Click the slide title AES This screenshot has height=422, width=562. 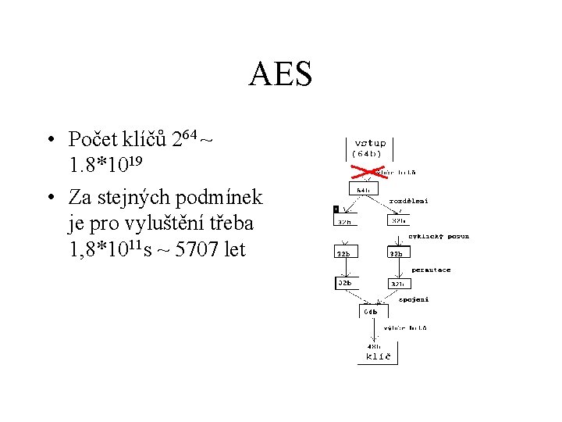pos(280,75)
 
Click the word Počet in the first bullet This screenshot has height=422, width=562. pos(93,140)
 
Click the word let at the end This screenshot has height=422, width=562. pos(232,250)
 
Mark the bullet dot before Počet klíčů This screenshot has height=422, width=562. pos(49,141)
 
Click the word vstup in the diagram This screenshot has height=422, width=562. pos(370,143)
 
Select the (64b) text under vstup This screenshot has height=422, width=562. pos(366,154)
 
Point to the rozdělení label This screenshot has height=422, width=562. pos(408,200)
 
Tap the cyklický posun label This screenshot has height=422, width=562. pos(439,236)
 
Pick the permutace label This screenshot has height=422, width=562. pos(431,270)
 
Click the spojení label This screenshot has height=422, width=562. pos(414,299)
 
